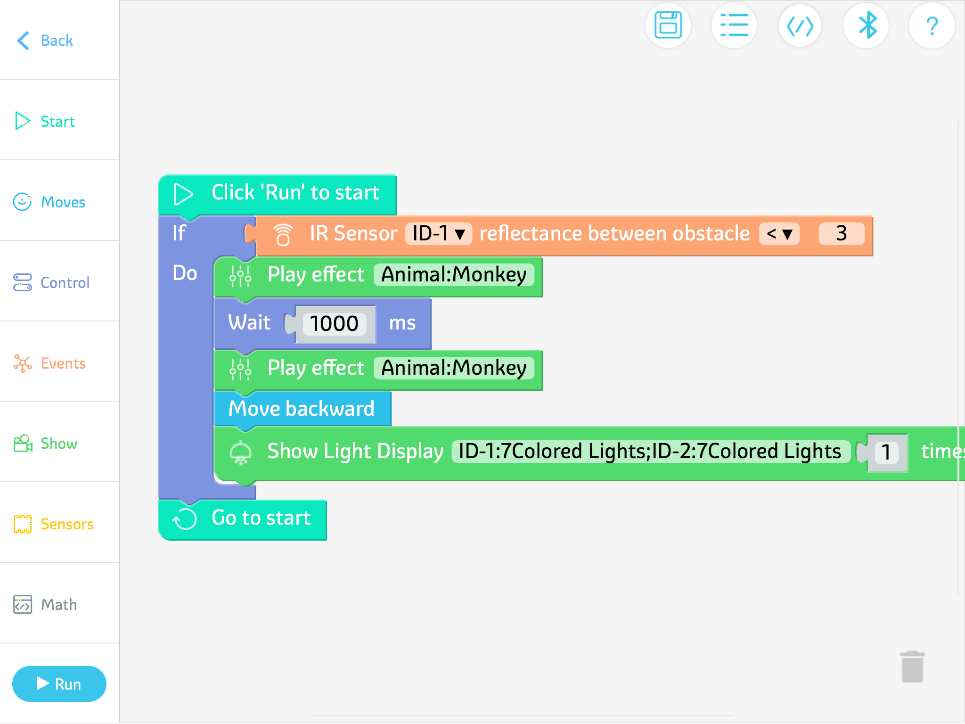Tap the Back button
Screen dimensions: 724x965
point(45,41)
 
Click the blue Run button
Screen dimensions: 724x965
point(59,684)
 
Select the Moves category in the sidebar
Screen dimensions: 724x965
point(50,202)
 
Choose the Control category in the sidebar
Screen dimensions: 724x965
point(52,283)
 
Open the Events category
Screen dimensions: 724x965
point(50,363)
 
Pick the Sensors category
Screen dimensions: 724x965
point(54,524)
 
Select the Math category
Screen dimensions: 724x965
point(46,605)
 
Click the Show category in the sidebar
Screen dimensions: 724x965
point(46,444)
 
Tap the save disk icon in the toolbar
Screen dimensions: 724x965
point(668,25)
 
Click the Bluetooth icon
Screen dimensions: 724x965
point(866,25)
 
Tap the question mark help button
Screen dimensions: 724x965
point(932,25)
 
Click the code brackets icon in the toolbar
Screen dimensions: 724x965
point(800,25)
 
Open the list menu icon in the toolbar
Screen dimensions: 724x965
point(734,25)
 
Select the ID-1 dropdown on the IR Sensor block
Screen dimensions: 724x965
point(438,234)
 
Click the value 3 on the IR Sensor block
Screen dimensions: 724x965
point(842,234)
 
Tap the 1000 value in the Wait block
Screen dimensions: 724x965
point(334,324)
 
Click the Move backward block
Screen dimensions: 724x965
point(302,409)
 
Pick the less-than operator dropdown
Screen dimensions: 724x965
point(779,234)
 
